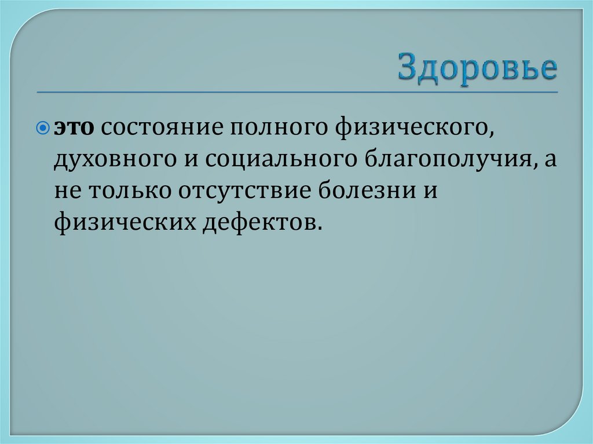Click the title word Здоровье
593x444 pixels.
477,69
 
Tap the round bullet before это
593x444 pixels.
47,127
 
